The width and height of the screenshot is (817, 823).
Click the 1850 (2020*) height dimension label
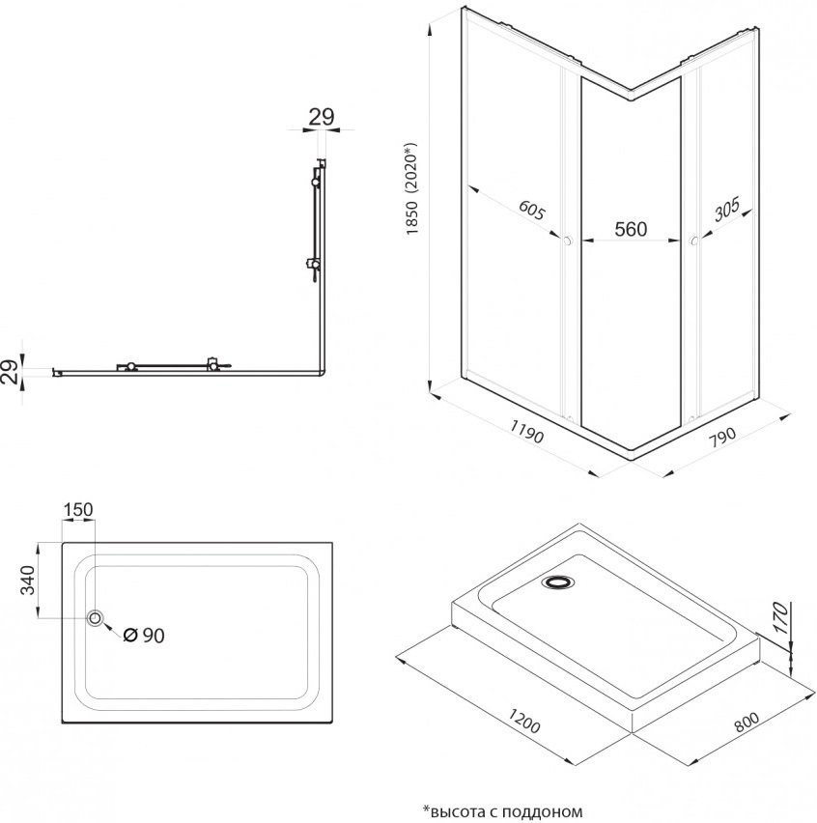tap(412, 189)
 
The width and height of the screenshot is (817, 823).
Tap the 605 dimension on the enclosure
tap(533, 210)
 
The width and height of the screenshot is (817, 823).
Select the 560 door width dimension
tap(631, 229)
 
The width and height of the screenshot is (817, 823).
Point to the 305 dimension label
tap(727, 209)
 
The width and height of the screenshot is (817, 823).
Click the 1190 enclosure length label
tap(526, 432)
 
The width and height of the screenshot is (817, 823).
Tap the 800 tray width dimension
tap(747, 722)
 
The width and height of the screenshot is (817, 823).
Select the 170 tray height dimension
tap(781, 618)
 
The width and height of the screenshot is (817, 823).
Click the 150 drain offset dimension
tap(78, 509)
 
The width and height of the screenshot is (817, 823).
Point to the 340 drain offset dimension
tap(27, 580)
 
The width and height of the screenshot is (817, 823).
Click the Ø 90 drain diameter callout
tap(143, 636)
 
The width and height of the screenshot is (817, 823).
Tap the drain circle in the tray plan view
tap(96, 618)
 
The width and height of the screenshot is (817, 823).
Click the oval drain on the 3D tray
tap(558, 582)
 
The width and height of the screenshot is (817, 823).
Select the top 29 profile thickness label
tap(322, 117)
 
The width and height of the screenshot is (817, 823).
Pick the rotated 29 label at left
tap(10, 372)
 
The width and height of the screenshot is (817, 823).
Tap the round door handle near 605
tap(567, 241)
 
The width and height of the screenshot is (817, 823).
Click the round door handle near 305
tap(693, 241)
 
